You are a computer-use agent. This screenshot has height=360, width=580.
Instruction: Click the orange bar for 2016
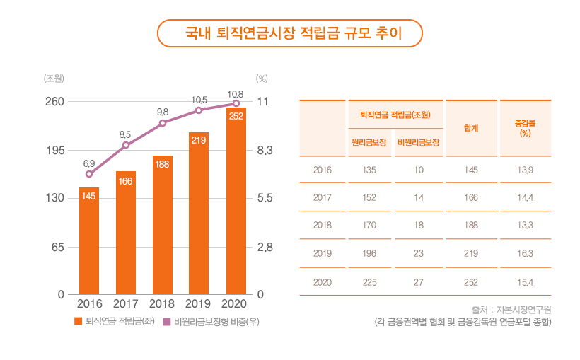coord(89,240)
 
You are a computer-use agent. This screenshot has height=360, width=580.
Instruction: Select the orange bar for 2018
coord(163,225)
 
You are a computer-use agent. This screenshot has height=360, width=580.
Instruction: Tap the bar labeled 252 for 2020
coord(236,201)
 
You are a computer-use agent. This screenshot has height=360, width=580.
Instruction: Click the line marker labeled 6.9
coord(89,174)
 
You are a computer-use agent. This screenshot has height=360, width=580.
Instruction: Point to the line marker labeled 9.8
coord(163,123)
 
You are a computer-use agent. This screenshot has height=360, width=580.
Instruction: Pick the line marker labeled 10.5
coord(199,110)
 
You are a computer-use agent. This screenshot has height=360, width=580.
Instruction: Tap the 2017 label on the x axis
coord(126,304)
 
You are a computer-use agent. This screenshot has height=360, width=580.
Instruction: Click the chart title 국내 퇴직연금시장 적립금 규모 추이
coord(289,33)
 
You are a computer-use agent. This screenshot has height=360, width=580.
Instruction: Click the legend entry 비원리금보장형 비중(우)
coord(211,322)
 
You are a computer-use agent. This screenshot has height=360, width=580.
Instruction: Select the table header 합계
coord(471,128)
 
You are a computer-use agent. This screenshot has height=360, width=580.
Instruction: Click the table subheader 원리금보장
coord(369,142)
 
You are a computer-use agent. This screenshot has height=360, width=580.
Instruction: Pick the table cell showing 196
coord(369,253)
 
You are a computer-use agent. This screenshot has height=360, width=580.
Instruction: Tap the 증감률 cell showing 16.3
coord(525,253)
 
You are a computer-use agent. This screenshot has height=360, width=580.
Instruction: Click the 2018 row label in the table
coord(323,225)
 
